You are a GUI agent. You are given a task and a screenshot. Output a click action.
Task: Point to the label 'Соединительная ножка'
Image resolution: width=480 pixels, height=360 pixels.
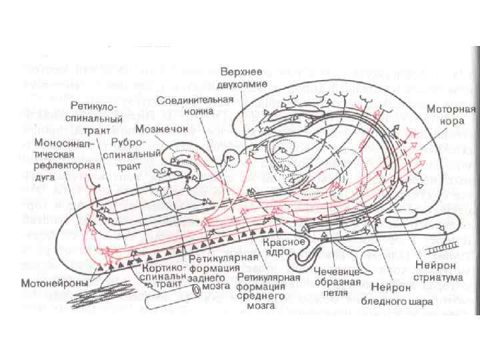[x=197, y=105]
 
